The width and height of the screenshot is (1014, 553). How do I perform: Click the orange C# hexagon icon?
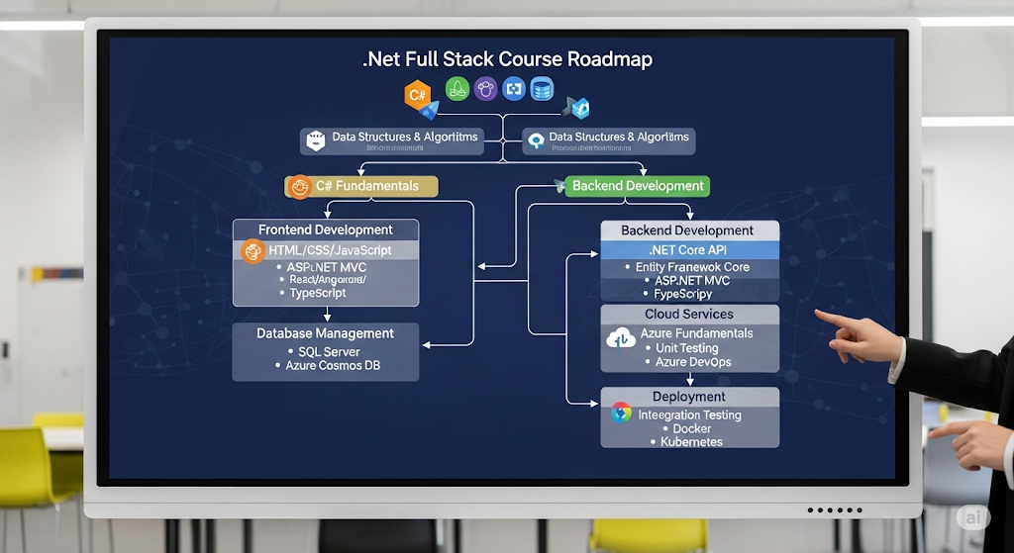(417, 96)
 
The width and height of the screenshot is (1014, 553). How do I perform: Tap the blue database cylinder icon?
(541, 89)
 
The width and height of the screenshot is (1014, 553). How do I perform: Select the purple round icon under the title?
(484, 89)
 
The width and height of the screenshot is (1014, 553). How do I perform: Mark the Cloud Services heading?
(688, 315)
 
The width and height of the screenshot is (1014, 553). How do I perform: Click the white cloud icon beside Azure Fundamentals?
(621, 337)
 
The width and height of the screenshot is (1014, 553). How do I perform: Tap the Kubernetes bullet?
(691, 442)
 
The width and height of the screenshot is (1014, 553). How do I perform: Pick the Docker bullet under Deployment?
(691, 428)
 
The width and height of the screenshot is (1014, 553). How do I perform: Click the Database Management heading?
(325, 333)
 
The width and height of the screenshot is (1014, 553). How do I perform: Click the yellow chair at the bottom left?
(40, 475)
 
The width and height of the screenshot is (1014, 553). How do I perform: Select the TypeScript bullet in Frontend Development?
(321, 293)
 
